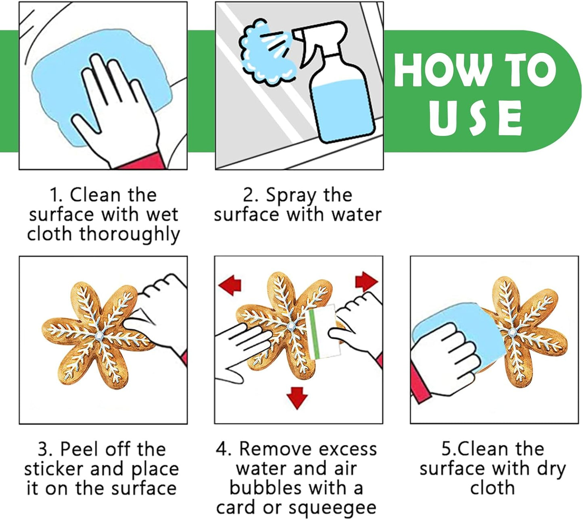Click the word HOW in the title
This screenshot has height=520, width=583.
(441, 70)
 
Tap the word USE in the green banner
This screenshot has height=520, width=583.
(475, 118)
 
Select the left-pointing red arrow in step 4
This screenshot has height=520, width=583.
(230, 284)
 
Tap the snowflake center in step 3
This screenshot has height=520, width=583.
(100, 335)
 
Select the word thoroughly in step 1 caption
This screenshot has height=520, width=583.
(130, 234)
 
